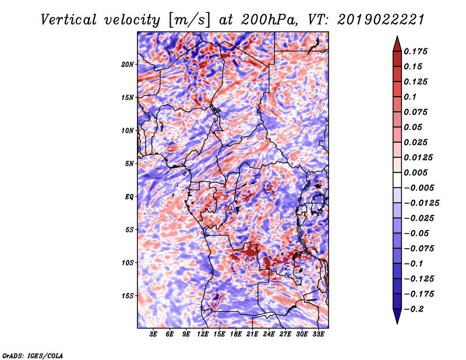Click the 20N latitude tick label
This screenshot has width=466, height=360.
tap(128, 65)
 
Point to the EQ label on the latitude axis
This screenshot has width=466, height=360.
tap(129, 197)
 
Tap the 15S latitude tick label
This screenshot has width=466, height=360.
tap(128, 296)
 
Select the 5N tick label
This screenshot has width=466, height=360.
tap(129, 164)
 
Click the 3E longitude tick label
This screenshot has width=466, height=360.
tap(153, 334)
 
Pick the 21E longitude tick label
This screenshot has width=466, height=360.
tap(252, 334)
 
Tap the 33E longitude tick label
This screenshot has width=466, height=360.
tap(318, 334)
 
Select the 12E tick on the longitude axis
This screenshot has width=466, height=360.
tap(203, 334)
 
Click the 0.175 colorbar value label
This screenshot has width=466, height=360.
tap(415, 51)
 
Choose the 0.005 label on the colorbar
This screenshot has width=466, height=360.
tap(415, 172)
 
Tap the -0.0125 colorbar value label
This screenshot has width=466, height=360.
tap(421, 203)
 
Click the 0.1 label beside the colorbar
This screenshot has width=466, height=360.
tap(410, 97)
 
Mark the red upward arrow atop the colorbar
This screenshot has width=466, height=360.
tap(397, 44)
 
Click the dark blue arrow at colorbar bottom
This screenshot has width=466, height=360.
tap(397, 316)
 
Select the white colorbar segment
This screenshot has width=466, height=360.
tap(397, 180)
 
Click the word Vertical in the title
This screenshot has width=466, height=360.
tap(69, 20)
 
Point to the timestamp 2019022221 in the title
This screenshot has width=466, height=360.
tap(380, 20)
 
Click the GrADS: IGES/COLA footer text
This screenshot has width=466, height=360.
tap(33, 356)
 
